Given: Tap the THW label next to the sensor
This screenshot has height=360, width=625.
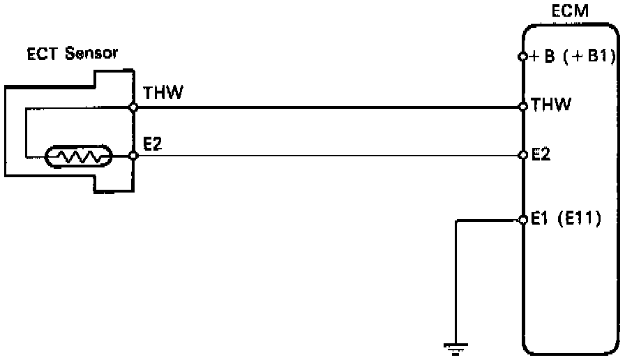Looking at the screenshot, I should coord(163,93).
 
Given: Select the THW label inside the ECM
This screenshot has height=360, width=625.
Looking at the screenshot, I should coord(551,105).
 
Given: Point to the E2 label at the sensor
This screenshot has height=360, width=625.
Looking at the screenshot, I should coord(153,143).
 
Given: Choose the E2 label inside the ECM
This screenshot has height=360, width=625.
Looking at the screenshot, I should coord(541,154).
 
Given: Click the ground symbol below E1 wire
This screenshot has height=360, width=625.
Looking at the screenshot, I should coord(455,346).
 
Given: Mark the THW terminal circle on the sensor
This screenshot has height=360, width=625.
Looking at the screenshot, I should coord(133,107).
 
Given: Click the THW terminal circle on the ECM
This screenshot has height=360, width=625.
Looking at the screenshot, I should coord(523,107).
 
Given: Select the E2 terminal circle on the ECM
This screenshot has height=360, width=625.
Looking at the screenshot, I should coord(523,155).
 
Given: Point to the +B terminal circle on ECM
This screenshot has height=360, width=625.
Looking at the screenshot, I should coord(523,57).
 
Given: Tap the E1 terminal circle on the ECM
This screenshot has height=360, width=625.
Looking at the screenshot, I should coord(523,220).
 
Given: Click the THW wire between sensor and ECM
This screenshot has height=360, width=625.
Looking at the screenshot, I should coord(328,107).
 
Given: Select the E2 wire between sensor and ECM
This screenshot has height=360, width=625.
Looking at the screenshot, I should coord(328,156).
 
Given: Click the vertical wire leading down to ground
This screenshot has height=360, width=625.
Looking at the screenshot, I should coord(455,279).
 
